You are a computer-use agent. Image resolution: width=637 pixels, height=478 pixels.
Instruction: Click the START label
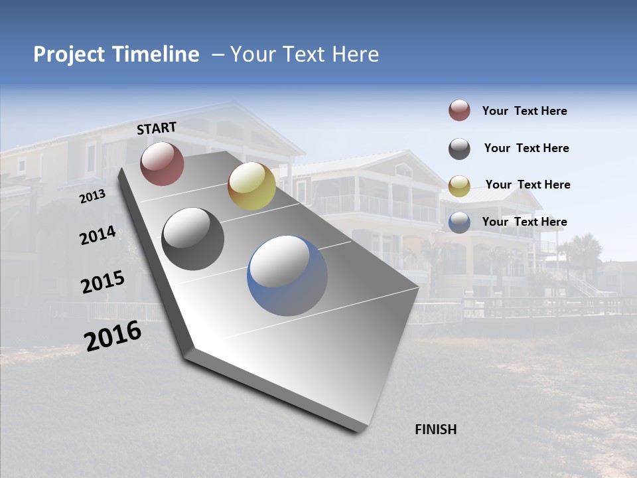[157, 128]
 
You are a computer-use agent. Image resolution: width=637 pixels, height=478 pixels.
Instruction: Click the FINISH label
[435, 430]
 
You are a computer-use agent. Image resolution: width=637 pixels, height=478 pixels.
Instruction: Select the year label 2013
[92, 197]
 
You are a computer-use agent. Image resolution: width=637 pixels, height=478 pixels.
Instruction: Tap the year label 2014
[98, 236]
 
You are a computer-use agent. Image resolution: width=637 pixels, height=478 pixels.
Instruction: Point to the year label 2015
[102, 282]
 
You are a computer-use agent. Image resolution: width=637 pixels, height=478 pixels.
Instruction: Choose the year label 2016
[113, 336]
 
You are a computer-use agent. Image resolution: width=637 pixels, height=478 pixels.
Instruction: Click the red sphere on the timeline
[162, 163]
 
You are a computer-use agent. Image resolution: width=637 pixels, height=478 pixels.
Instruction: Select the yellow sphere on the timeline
[251, 186]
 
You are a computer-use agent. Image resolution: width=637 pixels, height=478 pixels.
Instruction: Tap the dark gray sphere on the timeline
[192, 239]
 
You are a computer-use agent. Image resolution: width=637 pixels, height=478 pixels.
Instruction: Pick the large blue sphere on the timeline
[287, 275]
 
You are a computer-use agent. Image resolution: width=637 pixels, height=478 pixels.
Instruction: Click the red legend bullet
[459, 111]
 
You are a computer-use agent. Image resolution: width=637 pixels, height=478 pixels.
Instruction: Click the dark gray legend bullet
[459, 149]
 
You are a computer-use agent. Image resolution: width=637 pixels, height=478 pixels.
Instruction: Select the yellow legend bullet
[459, 185]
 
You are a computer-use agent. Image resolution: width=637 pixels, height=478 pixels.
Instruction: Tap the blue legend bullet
[459, 222]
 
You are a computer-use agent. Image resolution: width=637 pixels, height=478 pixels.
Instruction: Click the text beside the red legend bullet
[524, 111]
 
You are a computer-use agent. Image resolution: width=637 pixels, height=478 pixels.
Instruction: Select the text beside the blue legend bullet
[524, 222]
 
